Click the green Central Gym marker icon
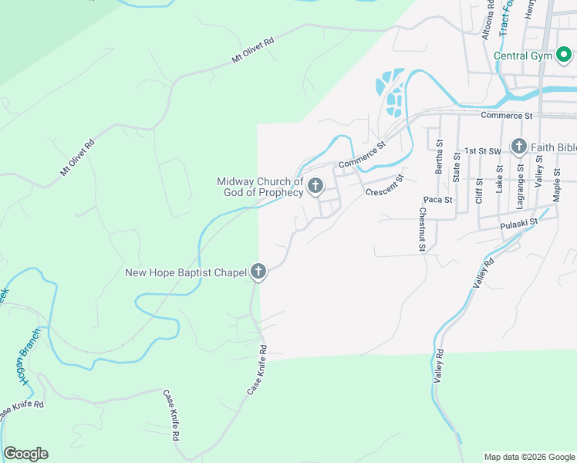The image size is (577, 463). tap(563, 56)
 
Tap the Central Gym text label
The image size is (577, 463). tap(523, 56)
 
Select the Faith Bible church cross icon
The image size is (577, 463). tap(518, 147)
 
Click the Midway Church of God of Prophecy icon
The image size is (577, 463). tap(315, 186)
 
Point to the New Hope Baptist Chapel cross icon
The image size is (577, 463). tap(258, 272)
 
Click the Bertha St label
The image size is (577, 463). tap(439, 157)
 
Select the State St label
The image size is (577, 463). tap(457, 167)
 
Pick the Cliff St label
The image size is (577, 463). tap(479, 192)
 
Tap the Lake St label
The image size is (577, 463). tap(500, 178)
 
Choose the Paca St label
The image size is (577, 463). tap(437, 200)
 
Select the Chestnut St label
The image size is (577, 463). tap(423, 230)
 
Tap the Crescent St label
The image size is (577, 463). tap(385, 186)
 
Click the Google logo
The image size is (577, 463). tap(25, 454)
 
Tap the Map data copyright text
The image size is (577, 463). tap(528, 457)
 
